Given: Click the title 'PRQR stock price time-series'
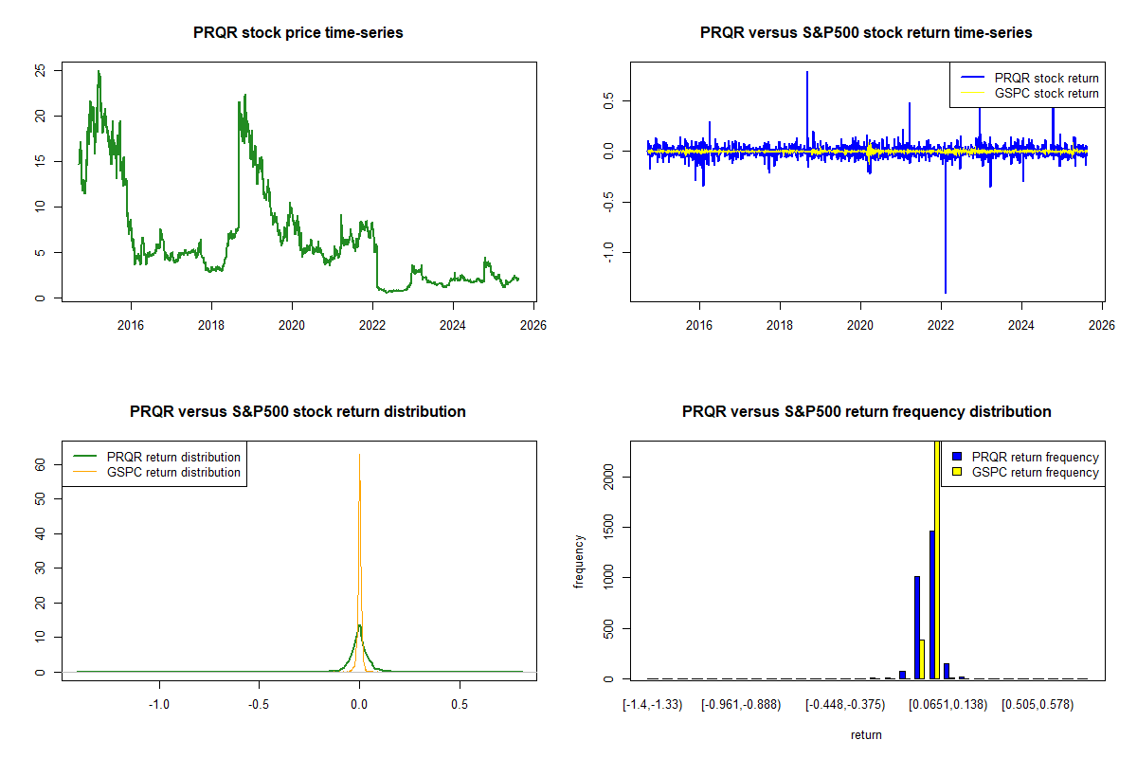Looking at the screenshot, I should coord(298,33).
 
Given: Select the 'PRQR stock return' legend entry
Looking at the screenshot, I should coord(1046,78).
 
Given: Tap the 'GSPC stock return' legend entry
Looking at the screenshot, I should coord(1046,93).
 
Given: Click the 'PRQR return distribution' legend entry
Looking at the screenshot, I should coord(173,457).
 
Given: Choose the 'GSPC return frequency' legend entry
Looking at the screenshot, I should coord(1035,472).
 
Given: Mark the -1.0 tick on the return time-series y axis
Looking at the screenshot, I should coord(608,251).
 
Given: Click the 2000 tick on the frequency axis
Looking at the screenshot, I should coord(608,476).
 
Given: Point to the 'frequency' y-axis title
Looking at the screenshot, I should coord(579,562).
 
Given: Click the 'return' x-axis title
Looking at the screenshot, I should coord(866,734).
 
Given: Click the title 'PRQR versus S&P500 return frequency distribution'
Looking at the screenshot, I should coord(866,412).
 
